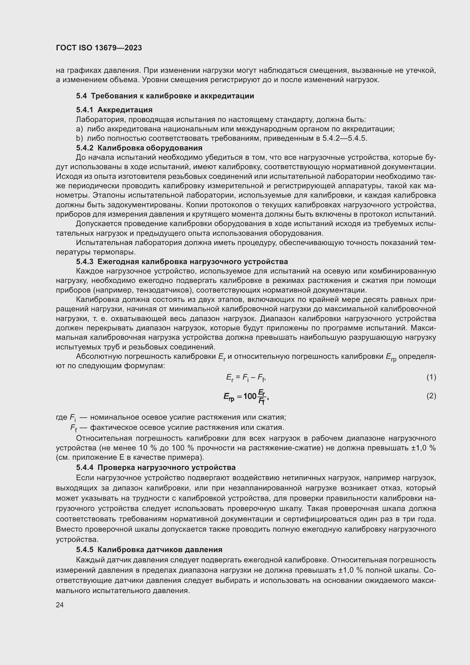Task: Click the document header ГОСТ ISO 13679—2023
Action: (99, 48)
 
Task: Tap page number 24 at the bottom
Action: (60, 605)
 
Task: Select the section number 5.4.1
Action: (84, 110)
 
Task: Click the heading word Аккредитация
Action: (125, 110)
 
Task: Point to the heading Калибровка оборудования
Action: (150, 148)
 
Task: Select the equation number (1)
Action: (431, 377)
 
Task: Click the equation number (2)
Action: (431, 396)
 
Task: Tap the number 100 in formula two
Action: (250, 396)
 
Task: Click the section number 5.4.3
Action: (84, 262)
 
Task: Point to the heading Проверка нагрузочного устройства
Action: (167, 467)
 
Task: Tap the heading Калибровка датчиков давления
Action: (160, 550)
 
